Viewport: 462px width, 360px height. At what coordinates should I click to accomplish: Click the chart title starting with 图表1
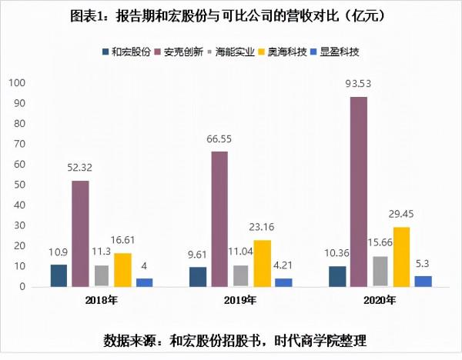pos(231,15)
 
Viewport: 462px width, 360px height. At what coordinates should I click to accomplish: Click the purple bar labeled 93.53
pos(359,192)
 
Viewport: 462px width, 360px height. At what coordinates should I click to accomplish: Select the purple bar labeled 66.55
pos(219,218)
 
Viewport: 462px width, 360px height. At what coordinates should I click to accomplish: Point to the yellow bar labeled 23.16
pos(263,263)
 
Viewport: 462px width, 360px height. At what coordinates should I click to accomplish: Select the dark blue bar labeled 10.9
pos(59,275)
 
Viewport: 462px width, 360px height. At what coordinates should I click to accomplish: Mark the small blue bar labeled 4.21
pos(284,282)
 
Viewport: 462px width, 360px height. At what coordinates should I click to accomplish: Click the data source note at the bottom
pos(231,340)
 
